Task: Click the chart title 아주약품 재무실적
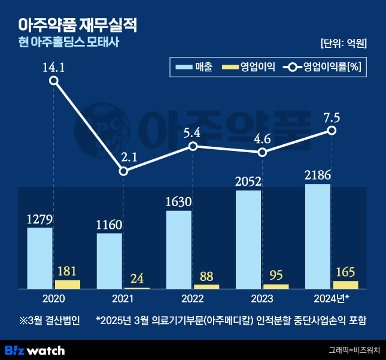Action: [x=78, y=25]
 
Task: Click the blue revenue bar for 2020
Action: [x=39, y=258]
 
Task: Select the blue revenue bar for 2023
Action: [x=248, y=240]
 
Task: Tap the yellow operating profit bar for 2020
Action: [x=68, y=285]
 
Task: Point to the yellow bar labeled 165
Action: [x=346, y=285]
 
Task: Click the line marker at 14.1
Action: [x=54, y=81]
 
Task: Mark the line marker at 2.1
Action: [x=123, y=171]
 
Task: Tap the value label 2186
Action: [x=318, y=175]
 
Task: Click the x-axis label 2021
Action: [x=123, y=298]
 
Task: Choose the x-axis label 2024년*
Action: [x=332, y=298]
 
